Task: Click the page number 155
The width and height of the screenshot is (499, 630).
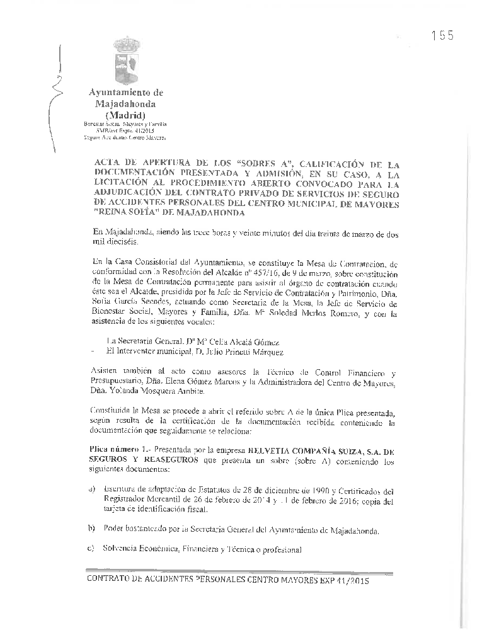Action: tap(443, 36)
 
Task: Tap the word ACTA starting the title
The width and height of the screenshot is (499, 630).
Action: tap(107, 161)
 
